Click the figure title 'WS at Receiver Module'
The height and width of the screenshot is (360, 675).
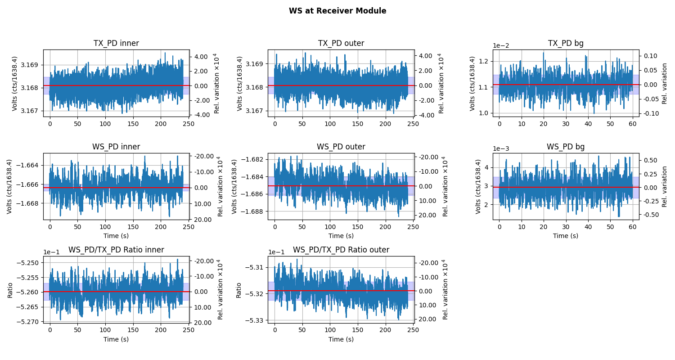point(337,11)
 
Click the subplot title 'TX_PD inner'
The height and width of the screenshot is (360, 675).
point(116,44)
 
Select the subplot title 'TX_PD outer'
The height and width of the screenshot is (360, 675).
point(341,44)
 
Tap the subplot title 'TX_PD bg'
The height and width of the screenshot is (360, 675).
point(566,44)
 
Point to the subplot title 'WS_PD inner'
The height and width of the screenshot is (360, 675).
point(116,147)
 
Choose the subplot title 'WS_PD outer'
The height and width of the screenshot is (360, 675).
point(341,147)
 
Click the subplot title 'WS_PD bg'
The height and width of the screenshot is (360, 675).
point(566,147)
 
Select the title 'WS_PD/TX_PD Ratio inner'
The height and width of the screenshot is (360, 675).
point(116,250)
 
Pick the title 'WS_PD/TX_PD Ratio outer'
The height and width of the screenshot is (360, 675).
point(341,250)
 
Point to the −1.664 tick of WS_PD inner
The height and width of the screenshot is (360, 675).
point(28,166)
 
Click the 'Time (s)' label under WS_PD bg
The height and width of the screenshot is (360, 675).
point(566,236)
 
